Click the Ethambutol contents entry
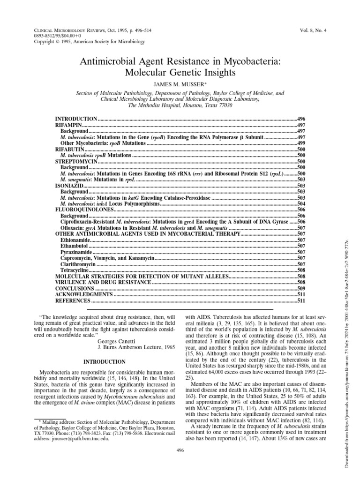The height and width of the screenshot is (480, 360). (x=75, y=245)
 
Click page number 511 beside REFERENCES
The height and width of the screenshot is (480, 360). (x=301, y=300)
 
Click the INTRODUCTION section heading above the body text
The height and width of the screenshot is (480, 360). (x=104, y=362)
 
